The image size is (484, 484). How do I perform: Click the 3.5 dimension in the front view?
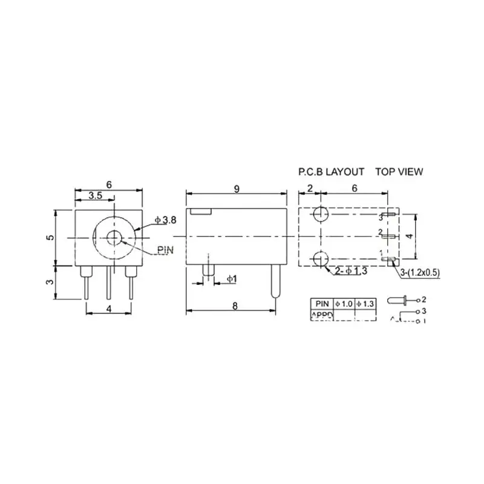(95, 196)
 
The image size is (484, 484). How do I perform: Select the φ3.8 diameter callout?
(165, 221)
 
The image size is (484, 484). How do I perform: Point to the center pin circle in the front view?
(113, 237)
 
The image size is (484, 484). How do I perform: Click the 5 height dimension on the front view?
(51, 237)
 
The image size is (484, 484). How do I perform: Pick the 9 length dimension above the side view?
(237, 189)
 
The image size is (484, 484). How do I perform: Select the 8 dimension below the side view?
(235, 306)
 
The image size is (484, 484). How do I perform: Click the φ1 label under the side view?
(231, 278)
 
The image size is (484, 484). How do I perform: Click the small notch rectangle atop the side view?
(200, 213)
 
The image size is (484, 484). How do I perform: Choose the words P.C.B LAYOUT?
(331, 172)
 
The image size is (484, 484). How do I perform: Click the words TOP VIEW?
(399, 172)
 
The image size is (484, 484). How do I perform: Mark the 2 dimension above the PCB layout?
(309, 189)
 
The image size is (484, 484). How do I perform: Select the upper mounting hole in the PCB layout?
(321, 214)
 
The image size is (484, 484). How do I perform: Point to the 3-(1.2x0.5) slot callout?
(420, 273)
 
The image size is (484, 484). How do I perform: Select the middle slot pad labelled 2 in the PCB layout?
(390, 237)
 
